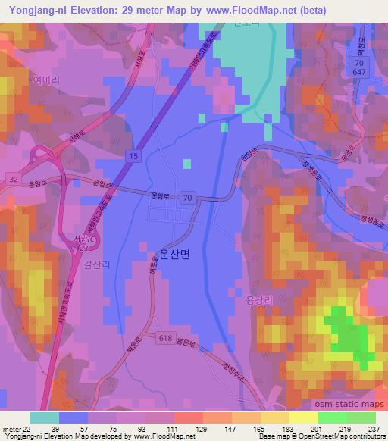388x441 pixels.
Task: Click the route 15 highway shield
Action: click(x=133, y=155)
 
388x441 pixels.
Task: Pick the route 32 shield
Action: click(x=14, y=179)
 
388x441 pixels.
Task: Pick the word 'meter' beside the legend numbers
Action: click(x=11, y=429)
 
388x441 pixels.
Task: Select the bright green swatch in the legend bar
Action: click(x=332, y=418)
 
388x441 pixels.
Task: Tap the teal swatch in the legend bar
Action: click(x=45, y=418)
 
